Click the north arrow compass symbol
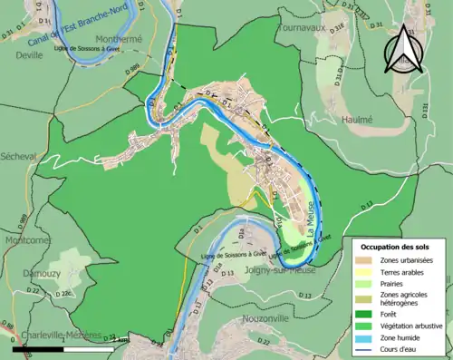point(404,49)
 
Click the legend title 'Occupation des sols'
point(397,247)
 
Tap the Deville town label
point(29,54)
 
